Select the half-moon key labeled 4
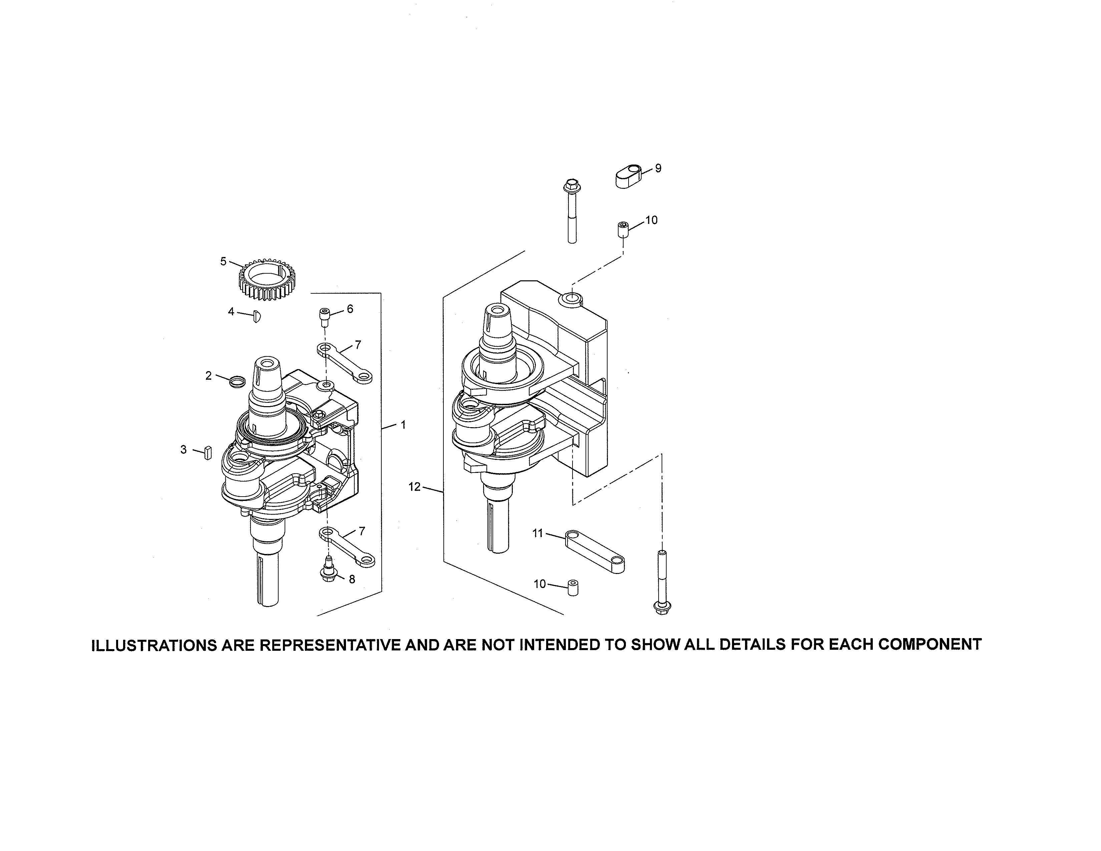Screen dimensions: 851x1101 [256, 316]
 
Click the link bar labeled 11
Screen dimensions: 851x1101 [595, 552]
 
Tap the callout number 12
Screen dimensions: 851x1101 [414, 487]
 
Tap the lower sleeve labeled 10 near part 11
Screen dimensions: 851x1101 [573, 588]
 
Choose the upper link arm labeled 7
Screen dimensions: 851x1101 [344, 363]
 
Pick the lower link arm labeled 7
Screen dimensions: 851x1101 [347, 548]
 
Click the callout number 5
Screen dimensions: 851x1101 [223, 261]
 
